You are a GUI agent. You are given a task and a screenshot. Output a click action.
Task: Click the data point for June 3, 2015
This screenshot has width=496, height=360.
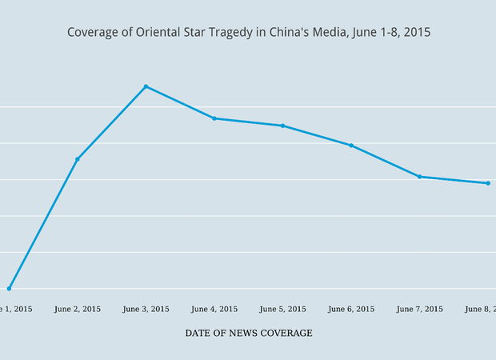click(146, 86)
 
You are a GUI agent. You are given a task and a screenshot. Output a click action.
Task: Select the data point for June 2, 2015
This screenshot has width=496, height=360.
click(78, 159)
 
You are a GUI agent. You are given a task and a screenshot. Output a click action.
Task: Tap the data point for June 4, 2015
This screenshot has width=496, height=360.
click(214, 118)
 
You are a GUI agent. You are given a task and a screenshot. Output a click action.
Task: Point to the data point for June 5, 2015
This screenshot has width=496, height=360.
click(282, 126)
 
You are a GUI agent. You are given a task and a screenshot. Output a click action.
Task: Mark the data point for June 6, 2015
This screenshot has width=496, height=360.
click(351, 145)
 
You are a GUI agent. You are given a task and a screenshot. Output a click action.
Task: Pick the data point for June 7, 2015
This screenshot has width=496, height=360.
click(420, 177)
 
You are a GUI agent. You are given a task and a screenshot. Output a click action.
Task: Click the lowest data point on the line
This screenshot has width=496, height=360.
click(9, 288)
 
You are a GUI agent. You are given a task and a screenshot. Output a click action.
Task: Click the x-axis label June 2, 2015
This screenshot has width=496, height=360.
click(78, 309)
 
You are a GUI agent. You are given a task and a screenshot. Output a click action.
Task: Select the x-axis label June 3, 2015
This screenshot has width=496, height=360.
click(146, 309)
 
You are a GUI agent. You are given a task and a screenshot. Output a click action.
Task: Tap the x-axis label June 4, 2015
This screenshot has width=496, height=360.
click(214, 309)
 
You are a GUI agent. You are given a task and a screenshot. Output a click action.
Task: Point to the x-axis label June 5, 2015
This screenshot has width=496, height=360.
click(282, 309)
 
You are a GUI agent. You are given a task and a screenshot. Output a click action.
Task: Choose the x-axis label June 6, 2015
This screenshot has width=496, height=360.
click(351, 309)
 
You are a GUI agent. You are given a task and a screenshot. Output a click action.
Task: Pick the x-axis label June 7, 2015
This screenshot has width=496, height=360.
click(420, 309)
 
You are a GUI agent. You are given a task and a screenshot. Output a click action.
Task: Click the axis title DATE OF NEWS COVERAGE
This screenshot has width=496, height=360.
click(249, 333)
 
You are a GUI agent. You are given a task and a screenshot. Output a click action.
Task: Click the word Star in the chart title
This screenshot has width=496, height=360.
click(193, 33)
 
